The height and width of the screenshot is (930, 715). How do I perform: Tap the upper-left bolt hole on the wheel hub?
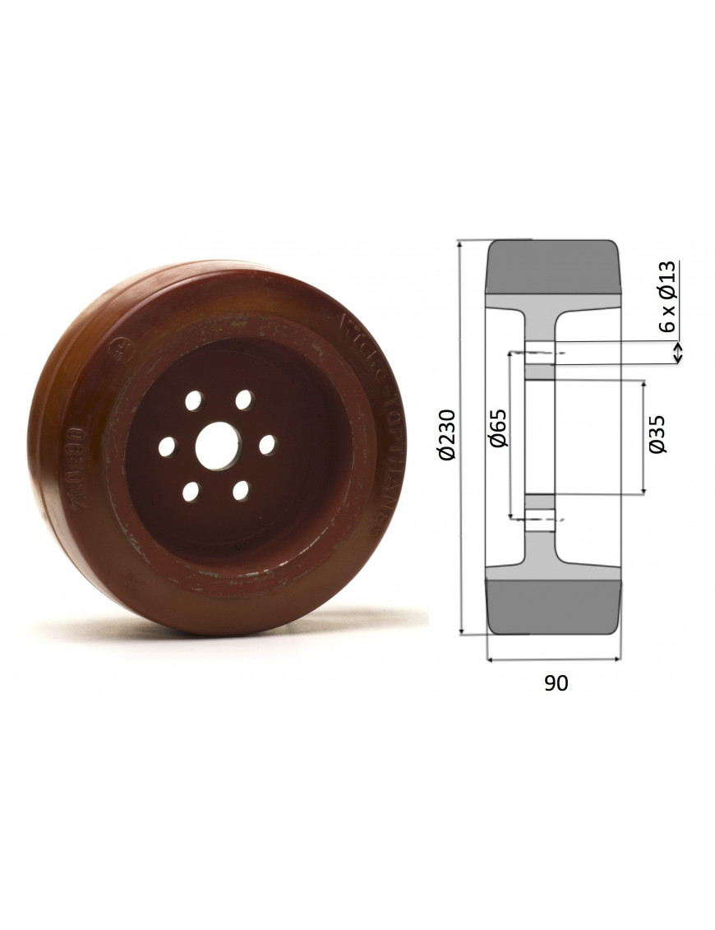[193, 401]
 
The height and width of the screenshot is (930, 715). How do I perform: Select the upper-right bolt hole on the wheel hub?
[243, 400]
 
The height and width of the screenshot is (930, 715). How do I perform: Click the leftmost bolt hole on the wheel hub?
[168, 446]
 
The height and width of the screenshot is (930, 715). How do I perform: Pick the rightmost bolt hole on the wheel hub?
[267, 444]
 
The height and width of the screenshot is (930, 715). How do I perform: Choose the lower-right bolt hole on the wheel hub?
[241, 491]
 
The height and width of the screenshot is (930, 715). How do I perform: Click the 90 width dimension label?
[556, 683]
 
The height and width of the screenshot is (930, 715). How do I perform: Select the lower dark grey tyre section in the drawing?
[552, 605]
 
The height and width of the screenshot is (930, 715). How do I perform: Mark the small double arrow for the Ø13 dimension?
[678, 353]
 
